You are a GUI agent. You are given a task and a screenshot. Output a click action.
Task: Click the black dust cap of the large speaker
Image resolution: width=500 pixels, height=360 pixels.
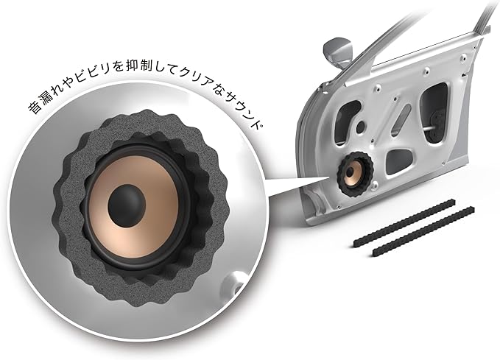(x=127, y=205)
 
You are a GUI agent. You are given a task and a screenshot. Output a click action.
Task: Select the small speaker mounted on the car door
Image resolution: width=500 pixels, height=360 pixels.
(x=354, y=174)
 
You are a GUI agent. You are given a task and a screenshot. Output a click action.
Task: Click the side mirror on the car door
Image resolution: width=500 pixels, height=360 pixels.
(x=338, y=52)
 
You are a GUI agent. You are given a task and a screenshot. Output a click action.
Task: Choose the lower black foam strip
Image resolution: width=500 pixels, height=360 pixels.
(x=424, y=231)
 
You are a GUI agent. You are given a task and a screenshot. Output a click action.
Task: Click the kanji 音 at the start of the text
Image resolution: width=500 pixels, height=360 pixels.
(x=35, y=108)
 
